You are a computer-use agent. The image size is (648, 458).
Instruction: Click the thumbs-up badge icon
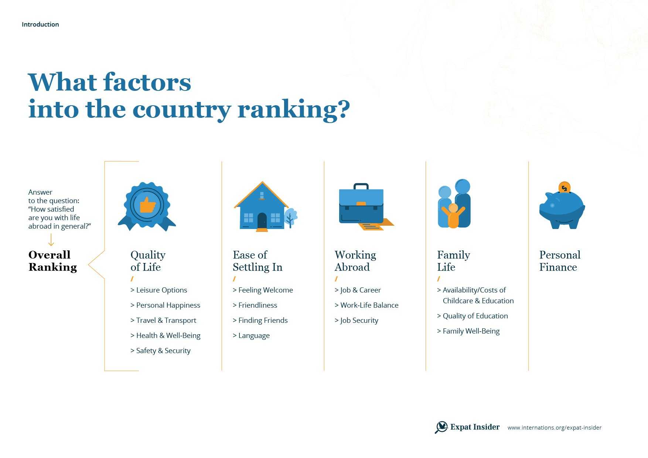(x=147, y=206)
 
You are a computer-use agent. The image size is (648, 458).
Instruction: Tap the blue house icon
(x=262, y=206)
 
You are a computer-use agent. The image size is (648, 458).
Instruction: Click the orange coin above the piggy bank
(x=564, y=187)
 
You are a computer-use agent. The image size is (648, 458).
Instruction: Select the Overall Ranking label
(x=53, y=261)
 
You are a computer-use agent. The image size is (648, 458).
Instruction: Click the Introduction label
(x=40, y=24)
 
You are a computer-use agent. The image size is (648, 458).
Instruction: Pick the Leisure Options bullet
(x=159, y=290)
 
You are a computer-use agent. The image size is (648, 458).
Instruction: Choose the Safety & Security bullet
(x=160, y=351)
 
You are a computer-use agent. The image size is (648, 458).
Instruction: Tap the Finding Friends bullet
(x=260, y=321)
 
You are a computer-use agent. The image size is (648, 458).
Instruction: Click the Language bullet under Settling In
(x=251, y=336)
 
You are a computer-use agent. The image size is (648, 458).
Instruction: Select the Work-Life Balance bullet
(x=366, y=305)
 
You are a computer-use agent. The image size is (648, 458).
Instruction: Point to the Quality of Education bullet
(x=473, y=316)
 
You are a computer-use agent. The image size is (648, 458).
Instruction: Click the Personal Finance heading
(x=560, y=261)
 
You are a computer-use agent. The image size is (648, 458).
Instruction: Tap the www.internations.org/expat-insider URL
(x=555, y=428)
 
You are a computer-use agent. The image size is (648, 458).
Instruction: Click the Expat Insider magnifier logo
(x=441, y=427)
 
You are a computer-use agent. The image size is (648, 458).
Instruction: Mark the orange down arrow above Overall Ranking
(x=51, y=240)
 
